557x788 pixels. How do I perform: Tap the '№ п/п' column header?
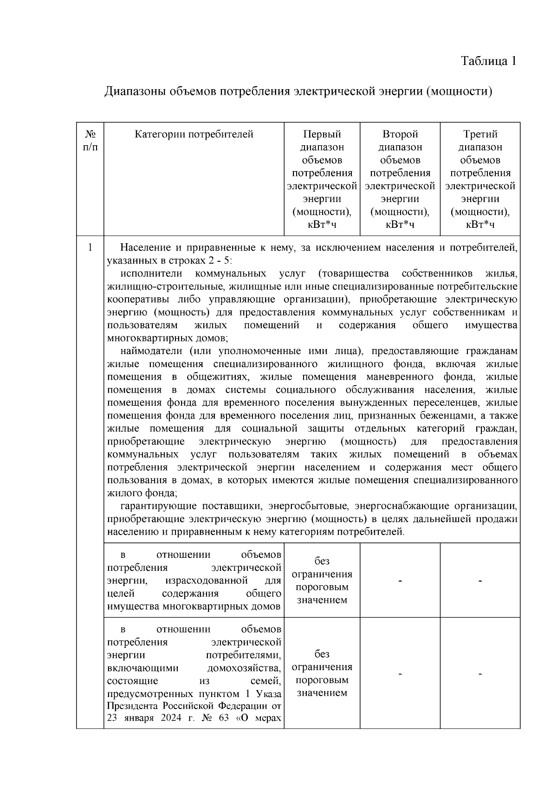tap(91, 141)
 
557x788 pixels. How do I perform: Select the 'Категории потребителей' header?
tap(194, 135)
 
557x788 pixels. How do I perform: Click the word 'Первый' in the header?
tap(322, 135)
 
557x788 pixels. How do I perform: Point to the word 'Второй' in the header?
tap(400, 135)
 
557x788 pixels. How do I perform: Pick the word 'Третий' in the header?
tap(480, 135)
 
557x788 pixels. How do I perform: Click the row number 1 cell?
tap(91, 247)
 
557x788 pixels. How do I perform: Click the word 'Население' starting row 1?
tap(141, 247)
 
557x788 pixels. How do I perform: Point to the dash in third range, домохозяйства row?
tap(480, 674)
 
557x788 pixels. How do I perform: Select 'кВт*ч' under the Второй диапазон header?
tap(400, 225)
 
